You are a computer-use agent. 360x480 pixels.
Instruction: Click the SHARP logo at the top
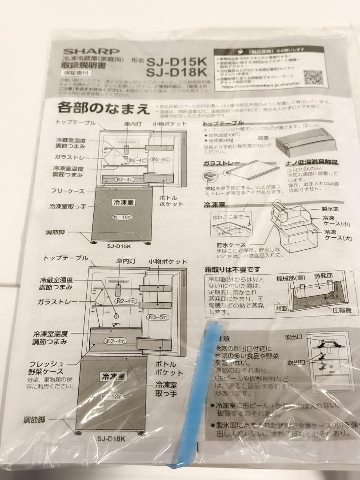tap(91, 52)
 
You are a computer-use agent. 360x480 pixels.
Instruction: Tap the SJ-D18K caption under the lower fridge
tap(111, 438)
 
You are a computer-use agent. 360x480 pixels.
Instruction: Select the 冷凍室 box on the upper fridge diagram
tap(123, 202)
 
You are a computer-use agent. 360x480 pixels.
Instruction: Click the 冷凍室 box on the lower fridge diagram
tap(113, 376)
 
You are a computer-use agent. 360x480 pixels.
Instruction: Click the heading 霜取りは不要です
tap(232, 269)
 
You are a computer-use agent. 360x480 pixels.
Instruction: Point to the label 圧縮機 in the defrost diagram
tap(341, 310)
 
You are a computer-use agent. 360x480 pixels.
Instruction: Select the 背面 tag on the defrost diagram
tap(280, 308)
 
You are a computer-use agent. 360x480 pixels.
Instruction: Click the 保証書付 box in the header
tap(71, 72)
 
